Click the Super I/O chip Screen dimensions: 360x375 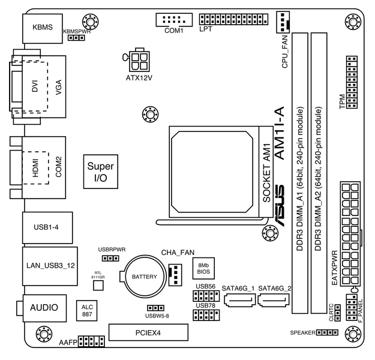coord(100,172)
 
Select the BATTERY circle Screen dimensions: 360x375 coord(145,277)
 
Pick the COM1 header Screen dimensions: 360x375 coord(173,19)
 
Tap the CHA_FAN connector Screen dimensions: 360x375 coord(175,274)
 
